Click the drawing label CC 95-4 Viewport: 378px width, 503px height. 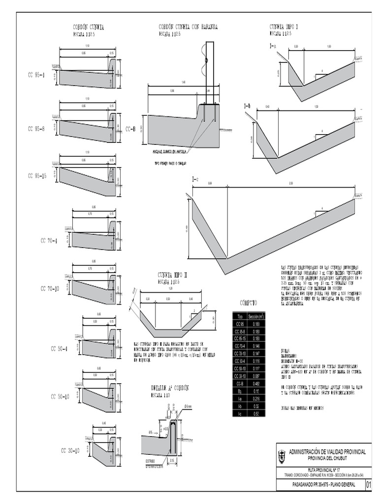click(36, 75)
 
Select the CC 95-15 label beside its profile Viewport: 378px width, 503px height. click(37, 175)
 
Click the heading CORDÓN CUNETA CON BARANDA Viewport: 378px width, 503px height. click(188, 27)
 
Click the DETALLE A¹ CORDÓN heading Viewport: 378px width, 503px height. click(169, 388)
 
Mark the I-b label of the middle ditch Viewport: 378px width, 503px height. click(247, 106)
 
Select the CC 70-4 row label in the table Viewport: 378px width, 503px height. click(240, 346)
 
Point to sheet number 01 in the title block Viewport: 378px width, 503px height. click(369, 485)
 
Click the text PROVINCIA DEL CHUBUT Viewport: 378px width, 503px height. click(327, 458)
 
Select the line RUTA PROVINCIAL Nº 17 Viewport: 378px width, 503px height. click(327, 470)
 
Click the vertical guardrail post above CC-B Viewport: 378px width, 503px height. click(210, 74)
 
